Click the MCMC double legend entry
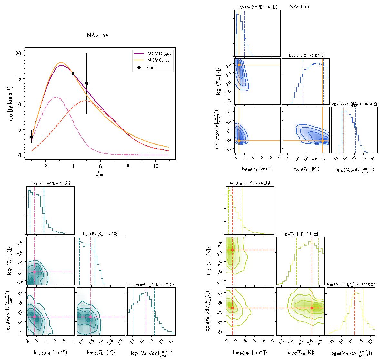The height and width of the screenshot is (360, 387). (152, 53)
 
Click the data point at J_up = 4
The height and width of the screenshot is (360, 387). (73, 74)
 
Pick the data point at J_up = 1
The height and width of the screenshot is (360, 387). (32, 137)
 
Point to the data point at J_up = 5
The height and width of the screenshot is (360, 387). (87, 83)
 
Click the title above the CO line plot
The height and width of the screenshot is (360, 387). (97, 36)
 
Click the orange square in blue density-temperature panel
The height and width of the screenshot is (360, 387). (239, 65)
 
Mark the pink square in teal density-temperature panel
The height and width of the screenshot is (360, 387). (35, 272)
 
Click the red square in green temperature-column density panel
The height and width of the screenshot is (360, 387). (312, 308)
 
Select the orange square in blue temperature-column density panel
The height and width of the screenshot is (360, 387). (323, 141)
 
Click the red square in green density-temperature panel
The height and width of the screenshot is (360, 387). (233, 250)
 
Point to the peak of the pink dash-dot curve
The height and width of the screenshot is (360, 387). (57, 97)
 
